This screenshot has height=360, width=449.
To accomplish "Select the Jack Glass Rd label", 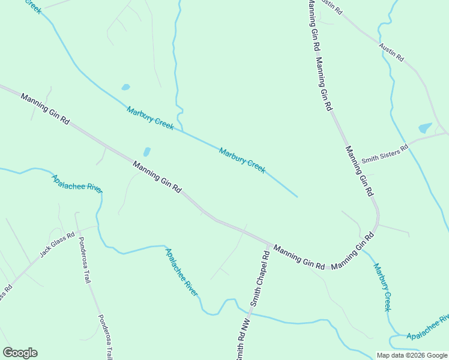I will tap(57, 245).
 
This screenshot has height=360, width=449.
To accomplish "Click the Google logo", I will tap(20, 353).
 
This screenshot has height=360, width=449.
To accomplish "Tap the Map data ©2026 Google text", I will tap(411, 355).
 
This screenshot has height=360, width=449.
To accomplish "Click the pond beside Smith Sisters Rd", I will tap(425, 128).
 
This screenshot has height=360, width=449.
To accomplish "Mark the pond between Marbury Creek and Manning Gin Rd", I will tap(146, 152).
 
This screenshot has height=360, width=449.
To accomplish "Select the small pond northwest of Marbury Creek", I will tap(125, 87).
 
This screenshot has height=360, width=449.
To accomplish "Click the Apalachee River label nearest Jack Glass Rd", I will tap(77, 183).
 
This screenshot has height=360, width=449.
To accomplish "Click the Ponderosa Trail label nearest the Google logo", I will tap(105, 336).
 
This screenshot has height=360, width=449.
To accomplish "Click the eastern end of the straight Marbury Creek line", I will tap(297, 196).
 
